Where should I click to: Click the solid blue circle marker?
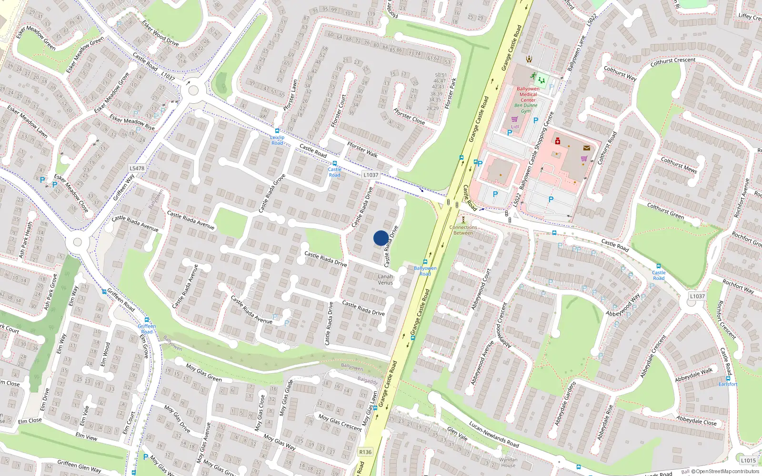pyautogui.click(x=381, y=238)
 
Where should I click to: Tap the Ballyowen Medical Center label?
pyautogui.click(x=528, y=94)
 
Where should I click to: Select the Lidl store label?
pyautogui.click(x=515, y=127)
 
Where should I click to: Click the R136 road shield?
pyautogui.click(x=365, y=452)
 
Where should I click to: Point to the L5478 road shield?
pyautogui.click(x=137, y=168)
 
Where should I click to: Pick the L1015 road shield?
pyautogui.click(x=748, y=460)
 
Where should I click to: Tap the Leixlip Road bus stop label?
pyautogui.click(x=278, y=140)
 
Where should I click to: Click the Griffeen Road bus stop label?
pyautogui.click(x=147, y=329)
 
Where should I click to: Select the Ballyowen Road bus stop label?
pyautogui.click(x=425, y=271)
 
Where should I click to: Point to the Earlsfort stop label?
pyautogui.click(x=728, y=384)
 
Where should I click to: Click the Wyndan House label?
pyautogui.click(x=508, y=462)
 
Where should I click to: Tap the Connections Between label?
pyautogui.click(x=463, y=230)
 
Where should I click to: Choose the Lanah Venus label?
pyautogui.click(x=385, y=279)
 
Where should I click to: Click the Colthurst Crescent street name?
pyautogui.click(x=673, y=62)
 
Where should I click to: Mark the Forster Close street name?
pyautogui.click(x=409, y=116)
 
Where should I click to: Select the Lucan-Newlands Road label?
pyautogui.click(x=494, y=434)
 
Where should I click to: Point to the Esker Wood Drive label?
pyautogui.click(x=160, y=33)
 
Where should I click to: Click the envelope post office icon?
pyautogui.click(x=587, y=148)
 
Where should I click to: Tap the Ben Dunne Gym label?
pyautogui.click(x=526, y=108)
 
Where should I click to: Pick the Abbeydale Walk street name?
pyautogui.click(x=694, y=375)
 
